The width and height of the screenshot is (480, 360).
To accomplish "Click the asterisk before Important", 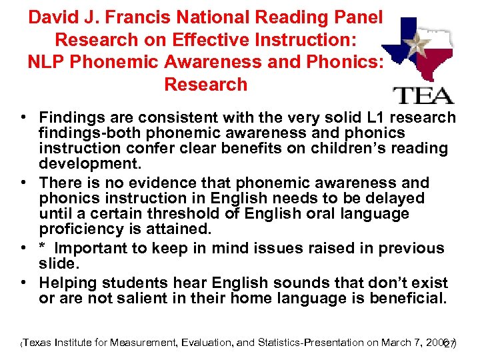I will pyautogui.click(x=41, y=249).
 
